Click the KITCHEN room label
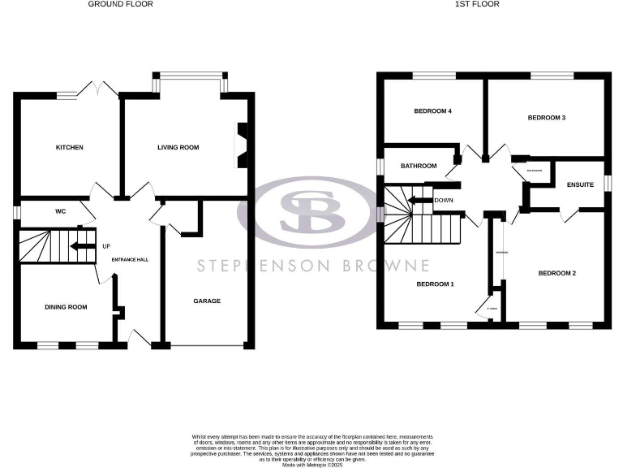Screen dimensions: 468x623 click(x=70, y=148)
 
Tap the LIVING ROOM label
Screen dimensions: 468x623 click(x=178, y=148)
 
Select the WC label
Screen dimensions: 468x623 click(x=60, y=212)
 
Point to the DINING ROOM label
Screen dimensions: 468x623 click(x=66, y=307)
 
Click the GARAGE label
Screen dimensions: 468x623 click(x=206, y=301)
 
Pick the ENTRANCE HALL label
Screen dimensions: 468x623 click(x=130, y=259)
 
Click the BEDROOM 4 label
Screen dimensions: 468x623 click(x=432, y=111)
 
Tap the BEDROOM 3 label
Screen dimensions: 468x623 click(x=546, y=118)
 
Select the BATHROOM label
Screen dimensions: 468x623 click(x=419, y=167)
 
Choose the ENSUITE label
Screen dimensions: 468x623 click(x=580, y=185)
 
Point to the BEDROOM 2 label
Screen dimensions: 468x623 click(x=556, y=273)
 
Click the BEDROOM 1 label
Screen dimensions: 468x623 click(x=435, y=284)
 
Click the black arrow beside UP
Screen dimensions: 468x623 click(x=84, y=245)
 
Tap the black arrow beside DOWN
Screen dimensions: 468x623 click(x=419, y=200)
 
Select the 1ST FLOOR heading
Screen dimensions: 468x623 click(x=483, y=4)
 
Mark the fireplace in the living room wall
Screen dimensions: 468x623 click(x=241, y=145)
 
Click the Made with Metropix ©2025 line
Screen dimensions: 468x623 click(x=311, y=464)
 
